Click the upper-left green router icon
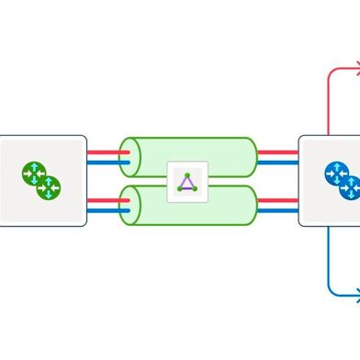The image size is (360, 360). click(33, 172)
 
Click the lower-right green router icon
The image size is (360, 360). click(48, 187)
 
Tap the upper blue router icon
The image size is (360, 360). click(337, 172)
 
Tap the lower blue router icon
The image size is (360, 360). click(350, 187)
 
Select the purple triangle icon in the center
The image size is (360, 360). click(187, 181)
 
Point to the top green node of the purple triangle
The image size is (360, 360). click(187, 174)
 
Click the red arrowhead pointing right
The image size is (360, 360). click(355, 68)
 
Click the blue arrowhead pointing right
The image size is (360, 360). click(355, 295)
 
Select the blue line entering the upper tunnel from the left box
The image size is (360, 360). click(103, 164)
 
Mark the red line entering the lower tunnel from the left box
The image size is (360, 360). click(103, 197)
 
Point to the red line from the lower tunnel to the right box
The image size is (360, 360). click(277, 197)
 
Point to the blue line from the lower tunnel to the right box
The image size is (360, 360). click(277, 209)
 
